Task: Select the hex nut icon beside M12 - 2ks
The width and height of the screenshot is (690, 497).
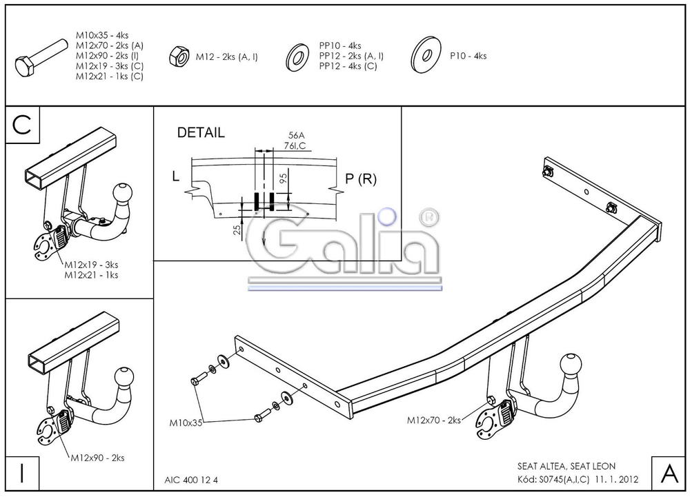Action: (x=178, y=57)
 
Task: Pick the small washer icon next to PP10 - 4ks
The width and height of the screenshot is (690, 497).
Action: (x=297, y=56)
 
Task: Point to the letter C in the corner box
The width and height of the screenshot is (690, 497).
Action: (x=22, y=125)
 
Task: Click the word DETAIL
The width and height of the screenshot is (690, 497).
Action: (x=201, y=133)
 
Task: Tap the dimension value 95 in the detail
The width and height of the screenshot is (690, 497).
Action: (x=282, y=181)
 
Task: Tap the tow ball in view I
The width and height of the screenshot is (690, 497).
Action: (x=124, y=377)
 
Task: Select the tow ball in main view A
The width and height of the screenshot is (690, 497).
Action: (x=572, y=365)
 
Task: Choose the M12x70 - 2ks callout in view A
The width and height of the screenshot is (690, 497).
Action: (x=433, y=420)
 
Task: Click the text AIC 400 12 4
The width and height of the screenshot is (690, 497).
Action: (x=196, y=480)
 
